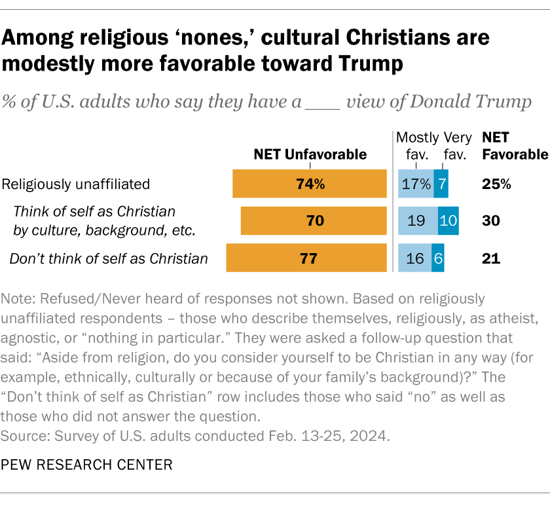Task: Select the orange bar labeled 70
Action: pos(315,221)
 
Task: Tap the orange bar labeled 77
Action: pos(308,258)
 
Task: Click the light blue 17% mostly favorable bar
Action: pos(416,184)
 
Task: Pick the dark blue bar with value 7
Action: pos(441,184)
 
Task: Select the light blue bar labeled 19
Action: pos(418,221)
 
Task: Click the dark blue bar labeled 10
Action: pos(448,221)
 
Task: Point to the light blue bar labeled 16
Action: pos(414,258)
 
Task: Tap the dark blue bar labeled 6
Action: pos(438,258)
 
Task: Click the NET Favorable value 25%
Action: pos(496,184)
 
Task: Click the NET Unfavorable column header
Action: pos(310,155)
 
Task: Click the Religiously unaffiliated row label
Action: pos(77,184)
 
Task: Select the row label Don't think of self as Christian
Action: pos(109,258)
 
